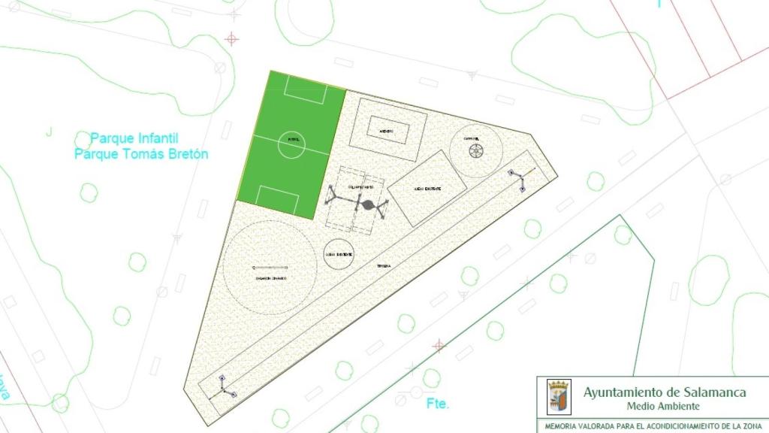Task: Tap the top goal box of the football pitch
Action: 306,92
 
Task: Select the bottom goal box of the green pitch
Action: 278,197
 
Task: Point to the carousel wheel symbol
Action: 475,151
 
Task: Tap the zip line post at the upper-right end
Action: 519,180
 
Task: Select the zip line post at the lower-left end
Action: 225,386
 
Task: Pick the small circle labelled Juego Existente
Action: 339,255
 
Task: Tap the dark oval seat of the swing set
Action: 368,204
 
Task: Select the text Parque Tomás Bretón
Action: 141,154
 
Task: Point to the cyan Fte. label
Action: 438,404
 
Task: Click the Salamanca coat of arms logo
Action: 559,396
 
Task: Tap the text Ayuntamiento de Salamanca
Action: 665,392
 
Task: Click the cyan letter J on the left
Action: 49,133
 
